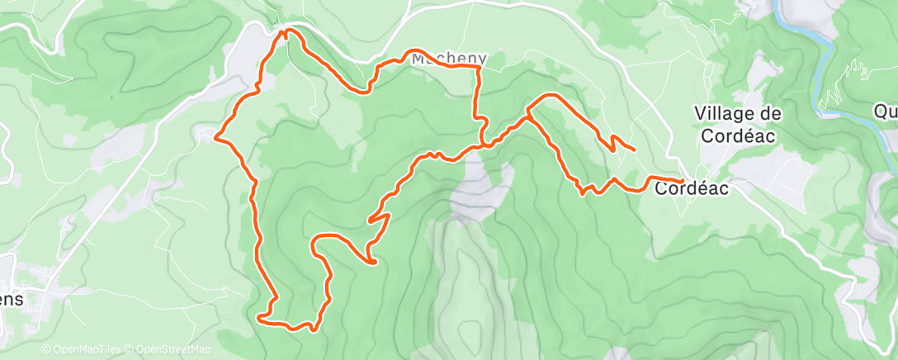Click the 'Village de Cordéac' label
[x=738, y=124]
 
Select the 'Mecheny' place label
[x=449, y=59]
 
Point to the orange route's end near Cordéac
[x=683, y=180]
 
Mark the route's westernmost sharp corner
[x=215, y=137]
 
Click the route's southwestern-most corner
[x=259, y=316]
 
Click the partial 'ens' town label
[x=12, y=301]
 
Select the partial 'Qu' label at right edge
[x=886, y=111]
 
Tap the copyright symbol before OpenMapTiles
[x=45, y=350]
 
